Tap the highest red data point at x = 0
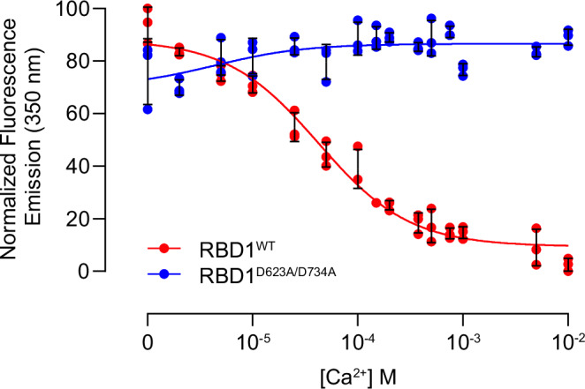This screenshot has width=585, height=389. pyautogui.click(x=147, y=9)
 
